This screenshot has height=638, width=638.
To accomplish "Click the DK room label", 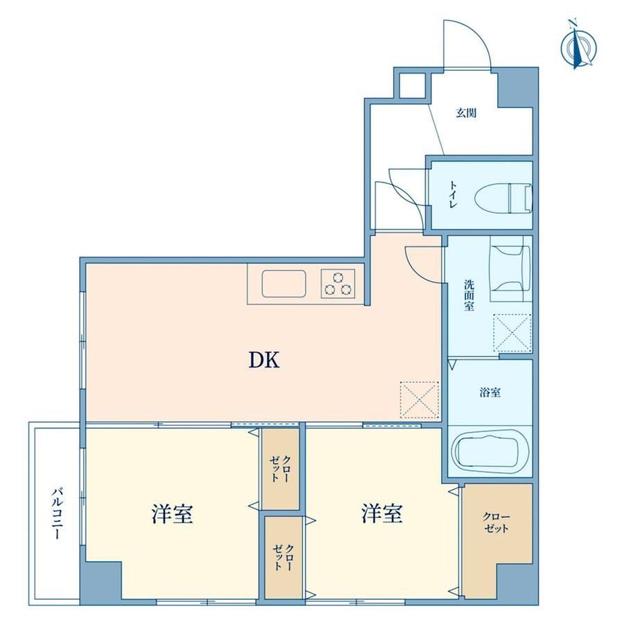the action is coord(264,360).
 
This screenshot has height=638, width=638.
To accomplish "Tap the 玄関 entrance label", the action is coord(466,113).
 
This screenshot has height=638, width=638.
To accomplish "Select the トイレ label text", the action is coord(454,195).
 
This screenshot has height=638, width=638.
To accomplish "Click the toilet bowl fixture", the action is coord(503,198).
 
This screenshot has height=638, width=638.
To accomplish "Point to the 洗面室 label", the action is coord(469,295).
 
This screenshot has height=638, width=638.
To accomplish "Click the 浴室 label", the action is coord(490,393).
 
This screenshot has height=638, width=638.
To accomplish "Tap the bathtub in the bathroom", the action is coord(490,451).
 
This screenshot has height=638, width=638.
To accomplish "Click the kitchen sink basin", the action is coord(284,284).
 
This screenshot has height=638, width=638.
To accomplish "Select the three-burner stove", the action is coord(338,284).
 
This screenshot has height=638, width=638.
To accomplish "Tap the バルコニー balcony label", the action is coord(58,514).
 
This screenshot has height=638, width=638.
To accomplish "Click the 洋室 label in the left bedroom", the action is coord(172,513).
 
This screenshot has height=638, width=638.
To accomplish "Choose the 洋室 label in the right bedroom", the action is coord(381,513).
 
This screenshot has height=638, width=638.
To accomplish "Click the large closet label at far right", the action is coord(496,523).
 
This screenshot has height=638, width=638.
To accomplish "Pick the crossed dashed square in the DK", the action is coord(419,399).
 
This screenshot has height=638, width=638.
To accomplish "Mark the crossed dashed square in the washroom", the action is coord(512,332).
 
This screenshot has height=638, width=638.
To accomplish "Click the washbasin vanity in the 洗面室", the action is coord(510,268).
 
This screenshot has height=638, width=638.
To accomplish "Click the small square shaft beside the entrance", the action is coord(412,85).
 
